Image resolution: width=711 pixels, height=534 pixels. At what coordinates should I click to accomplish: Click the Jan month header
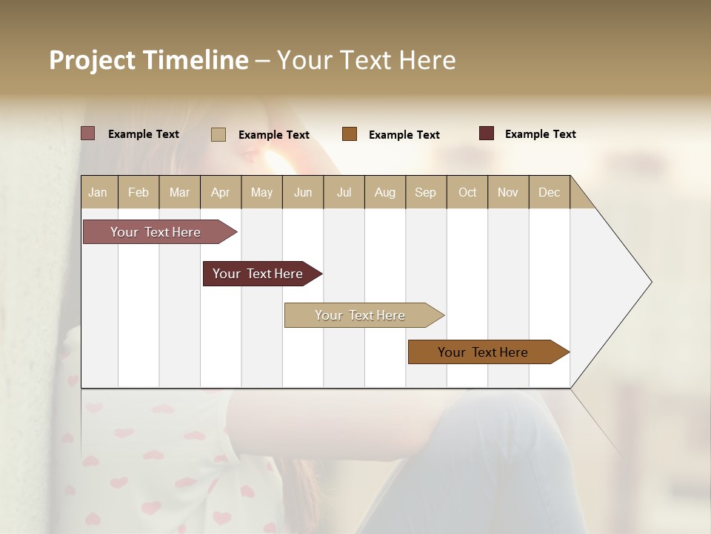(x=98, y=192)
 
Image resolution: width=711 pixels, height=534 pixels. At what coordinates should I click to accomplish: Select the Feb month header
(x=138, y=192)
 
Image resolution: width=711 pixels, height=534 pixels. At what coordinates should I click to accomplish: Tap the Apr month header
(x=221, y=192)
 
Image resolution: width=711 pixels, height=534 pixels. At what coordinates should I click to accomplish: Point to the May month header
(x=261, y=192)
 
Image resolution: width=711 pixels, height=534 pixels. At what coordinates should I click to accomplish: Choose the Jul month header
(x=344, y=192)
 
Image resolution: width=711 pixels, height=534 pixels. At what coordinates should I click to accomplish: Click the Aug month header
(x=385, y=192)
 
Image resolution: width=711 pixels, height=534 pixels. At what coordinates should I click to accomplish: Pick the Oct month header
(x=467, y=192)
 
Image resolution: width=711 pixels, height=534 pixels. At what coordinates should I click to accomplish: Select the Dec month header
(x=550, y=192)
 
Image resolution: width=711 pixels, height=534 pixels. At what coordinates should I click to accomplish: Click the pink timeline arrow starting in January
(x=156, y=232)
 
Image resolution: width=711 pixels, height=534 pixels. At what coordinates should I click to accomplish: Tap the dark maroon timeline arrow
(x=258, y=274)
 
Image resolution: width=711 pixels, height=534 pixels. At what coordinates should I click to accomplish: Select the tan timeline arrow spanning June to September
(x=361, y=315)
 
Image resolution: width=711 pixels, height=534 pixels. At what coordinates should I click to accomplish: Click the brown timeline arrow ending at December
(x=484, y=352)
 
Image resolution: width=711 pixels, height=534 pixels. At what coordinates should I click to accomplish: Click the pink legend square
(x=87, y=133)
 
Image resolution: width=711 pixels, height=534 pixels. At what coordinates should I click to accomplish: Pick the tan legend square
(x=218, y=134)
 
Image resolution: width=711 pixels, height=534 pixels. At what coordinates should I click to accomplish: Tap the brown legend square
(x=350, y=133)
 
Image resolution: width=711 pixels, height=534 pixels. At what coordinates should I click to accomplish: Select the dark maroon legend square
(x=487, y=133)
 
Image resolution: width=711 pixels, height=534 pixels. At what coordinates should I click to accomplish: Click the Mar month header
(x=179, y=192)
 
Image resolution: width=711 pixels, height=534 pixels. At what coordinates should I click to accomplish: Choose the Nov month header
(x=508, y=192)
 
